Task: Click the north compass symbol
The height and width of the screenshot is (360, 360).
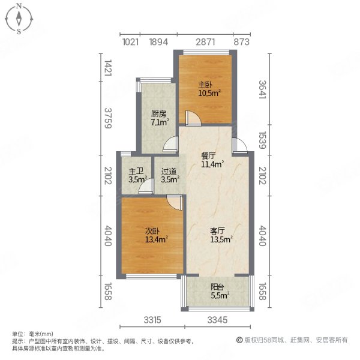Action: (x=19, y=19)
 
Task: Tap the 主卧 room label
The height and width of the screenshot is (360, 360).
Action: (x=205, y=85)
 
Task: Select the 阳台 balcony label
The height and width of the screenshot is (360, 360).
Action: (x=218, y=286)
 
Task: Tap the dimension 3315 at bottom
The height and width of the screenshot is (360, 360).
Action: (x=153, y=320)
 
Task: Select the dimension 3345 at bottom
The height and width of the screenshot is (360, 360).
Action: (x=218, y=320)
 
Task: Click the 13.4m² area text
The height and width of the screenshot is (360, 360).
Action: (x=155, y=239)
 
